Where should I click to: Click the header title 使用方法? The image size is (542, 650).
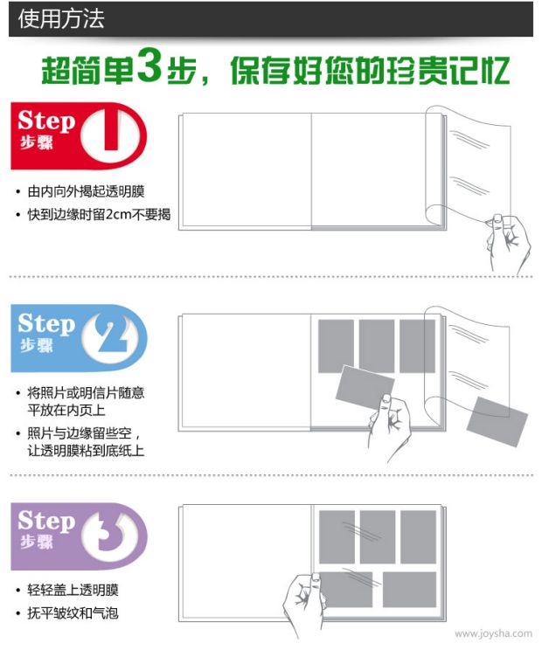click(61, 19)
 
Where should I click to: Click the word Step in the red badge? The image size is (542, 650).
click(46, 121)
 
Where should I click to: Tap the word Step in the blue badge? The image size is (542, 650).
click(46, 324)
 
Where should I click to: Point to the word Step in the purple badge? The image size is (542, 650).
click(46, 521)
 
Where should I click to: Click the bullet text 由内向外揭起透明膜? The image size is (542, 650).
click(86, 191)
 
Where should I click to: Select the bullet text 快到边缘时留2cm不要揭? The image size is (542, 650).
click(99, 214)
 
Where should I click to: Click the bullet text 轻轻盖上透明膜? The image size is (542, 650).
click(73, 590)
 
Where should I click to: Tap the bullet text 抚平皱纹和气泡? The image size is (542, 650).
click(73, 612)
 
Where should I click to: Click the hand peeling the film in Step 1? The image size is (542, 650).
click(507, 242)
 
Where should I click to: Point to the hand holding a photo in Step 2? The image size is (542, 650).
click(388, 425)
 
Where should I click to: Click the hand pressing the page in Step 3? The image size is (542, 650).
click(305, 600)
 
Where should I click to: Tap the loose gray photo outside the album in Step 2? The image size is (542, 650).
click(497, 422)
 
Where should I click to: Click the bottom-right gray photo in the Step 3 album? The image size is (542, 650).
click(409, 590)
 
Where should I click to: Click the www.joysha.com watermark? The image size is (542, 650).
click(493, 633)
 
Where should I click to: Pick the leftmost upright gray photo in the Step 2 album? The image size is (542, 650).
click(336, 346)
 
